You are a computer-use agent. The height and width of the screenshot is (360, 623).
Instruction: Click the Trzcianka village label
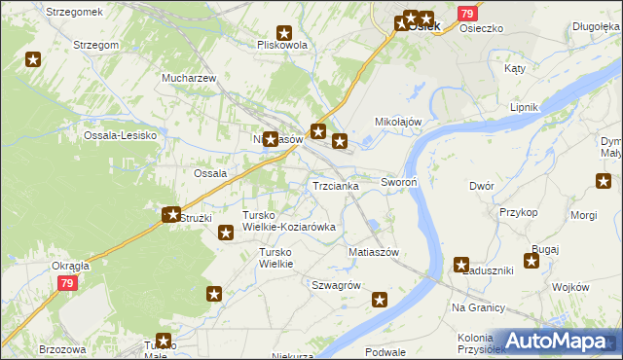point(335,186)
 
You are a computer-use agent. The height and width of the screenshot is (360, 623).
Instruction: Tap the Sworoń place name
point(399,182)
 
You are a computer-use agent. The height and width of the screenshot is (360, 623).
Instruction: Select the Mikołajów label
point(398,122)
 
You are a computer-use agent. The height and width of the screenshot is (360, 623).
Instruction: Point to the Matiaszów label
point(374,252)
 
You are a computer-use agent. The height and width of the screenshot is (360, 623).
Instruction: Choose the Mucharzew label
point(189,77)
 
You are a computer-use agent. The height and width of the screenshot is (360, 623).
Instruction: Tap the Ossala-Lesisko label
point(121,135)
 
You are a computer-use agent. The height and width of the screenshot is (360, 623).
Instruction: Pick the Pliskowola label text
point(281,45)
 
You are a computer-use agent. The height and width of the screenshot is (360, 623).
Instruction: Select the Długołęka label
point(596,26)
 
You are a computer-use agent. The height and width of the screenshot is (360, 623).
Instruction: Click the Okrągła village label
point(70,265)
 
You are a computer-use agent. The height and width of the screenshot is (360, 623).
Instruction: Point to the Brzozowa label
point(62,348)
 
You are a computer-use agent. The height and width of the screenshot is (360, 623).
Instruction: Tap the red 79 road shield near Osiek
point(467,14)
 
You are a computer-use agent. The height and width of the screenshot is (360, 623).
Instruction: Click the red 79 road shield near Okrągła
point(66,283)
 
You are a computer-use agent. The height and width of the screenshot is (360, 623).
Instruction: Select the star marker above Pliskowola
point(284,32)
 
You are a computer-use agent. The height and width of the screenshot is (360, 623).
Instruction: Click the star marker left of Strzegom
point(33,59)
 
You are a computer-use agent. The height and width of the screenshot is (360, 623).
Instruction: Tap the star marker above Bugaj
point(531,260)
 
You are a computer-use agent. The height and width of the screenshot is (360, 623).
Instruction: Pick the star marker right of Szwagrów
point(380,300)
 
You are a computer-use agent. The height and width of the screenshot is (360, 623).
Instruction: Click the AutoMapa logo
point(559,340)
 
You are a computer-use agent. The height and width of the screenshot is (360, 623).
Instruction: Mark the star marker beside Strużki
point(172,214)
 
